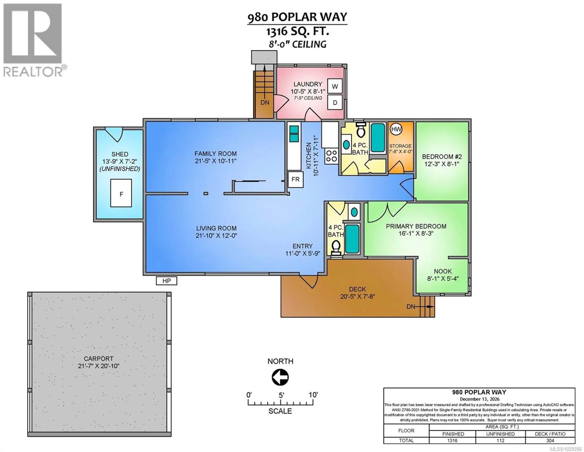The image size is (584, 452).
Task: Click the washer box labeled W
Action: pyautogui.click(x=335, y=87)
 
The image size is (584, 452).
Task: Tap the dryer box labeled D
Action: pyautogui.click(x=335, y=103)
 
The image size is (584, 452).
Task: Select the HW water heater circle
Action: pyautogui.click(x=396, y=129)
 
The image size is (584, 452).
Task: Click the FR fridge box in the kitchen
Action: pyautogui.click(x=295, y=179)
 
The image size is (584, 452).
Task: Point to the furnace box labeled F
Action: pyautogui.click(x=121, y=194)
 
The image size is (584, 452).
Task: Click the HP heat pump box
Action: pyautogui.click(x=166, y=281)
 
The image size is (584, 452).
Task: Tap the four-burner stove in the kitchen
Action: pyautogui.click(x=331, y=156)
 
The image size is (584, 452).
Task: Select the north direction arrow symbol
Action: pyautogui.click(x=280, y=377)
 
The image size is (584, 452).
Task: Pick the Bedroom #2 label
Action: pyautogui.click(x=442, y=157)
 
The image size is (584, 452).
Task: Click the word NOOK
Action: pyautogui.click(x=443, y=271)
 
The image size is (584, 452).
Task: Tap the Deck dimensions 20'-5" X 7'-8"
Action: pyautogui.click(x=357, y=296)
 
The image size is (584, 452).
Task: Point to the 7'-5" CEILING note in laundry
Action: pyautogui.click(x=308, y=98)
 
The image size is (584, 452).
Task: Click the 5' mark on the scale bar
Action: pyautogui.click(x=281, y=395)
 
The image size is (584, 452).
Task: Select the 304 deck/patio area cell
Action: pyautogui.click(x=550, y=440)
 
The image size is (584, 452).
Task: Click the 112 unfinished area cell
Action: pyautogui.click(x=500, y=440)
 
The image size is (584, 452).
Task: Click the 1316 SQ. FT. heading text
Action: pyautogui.click(x=297, y=31)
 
